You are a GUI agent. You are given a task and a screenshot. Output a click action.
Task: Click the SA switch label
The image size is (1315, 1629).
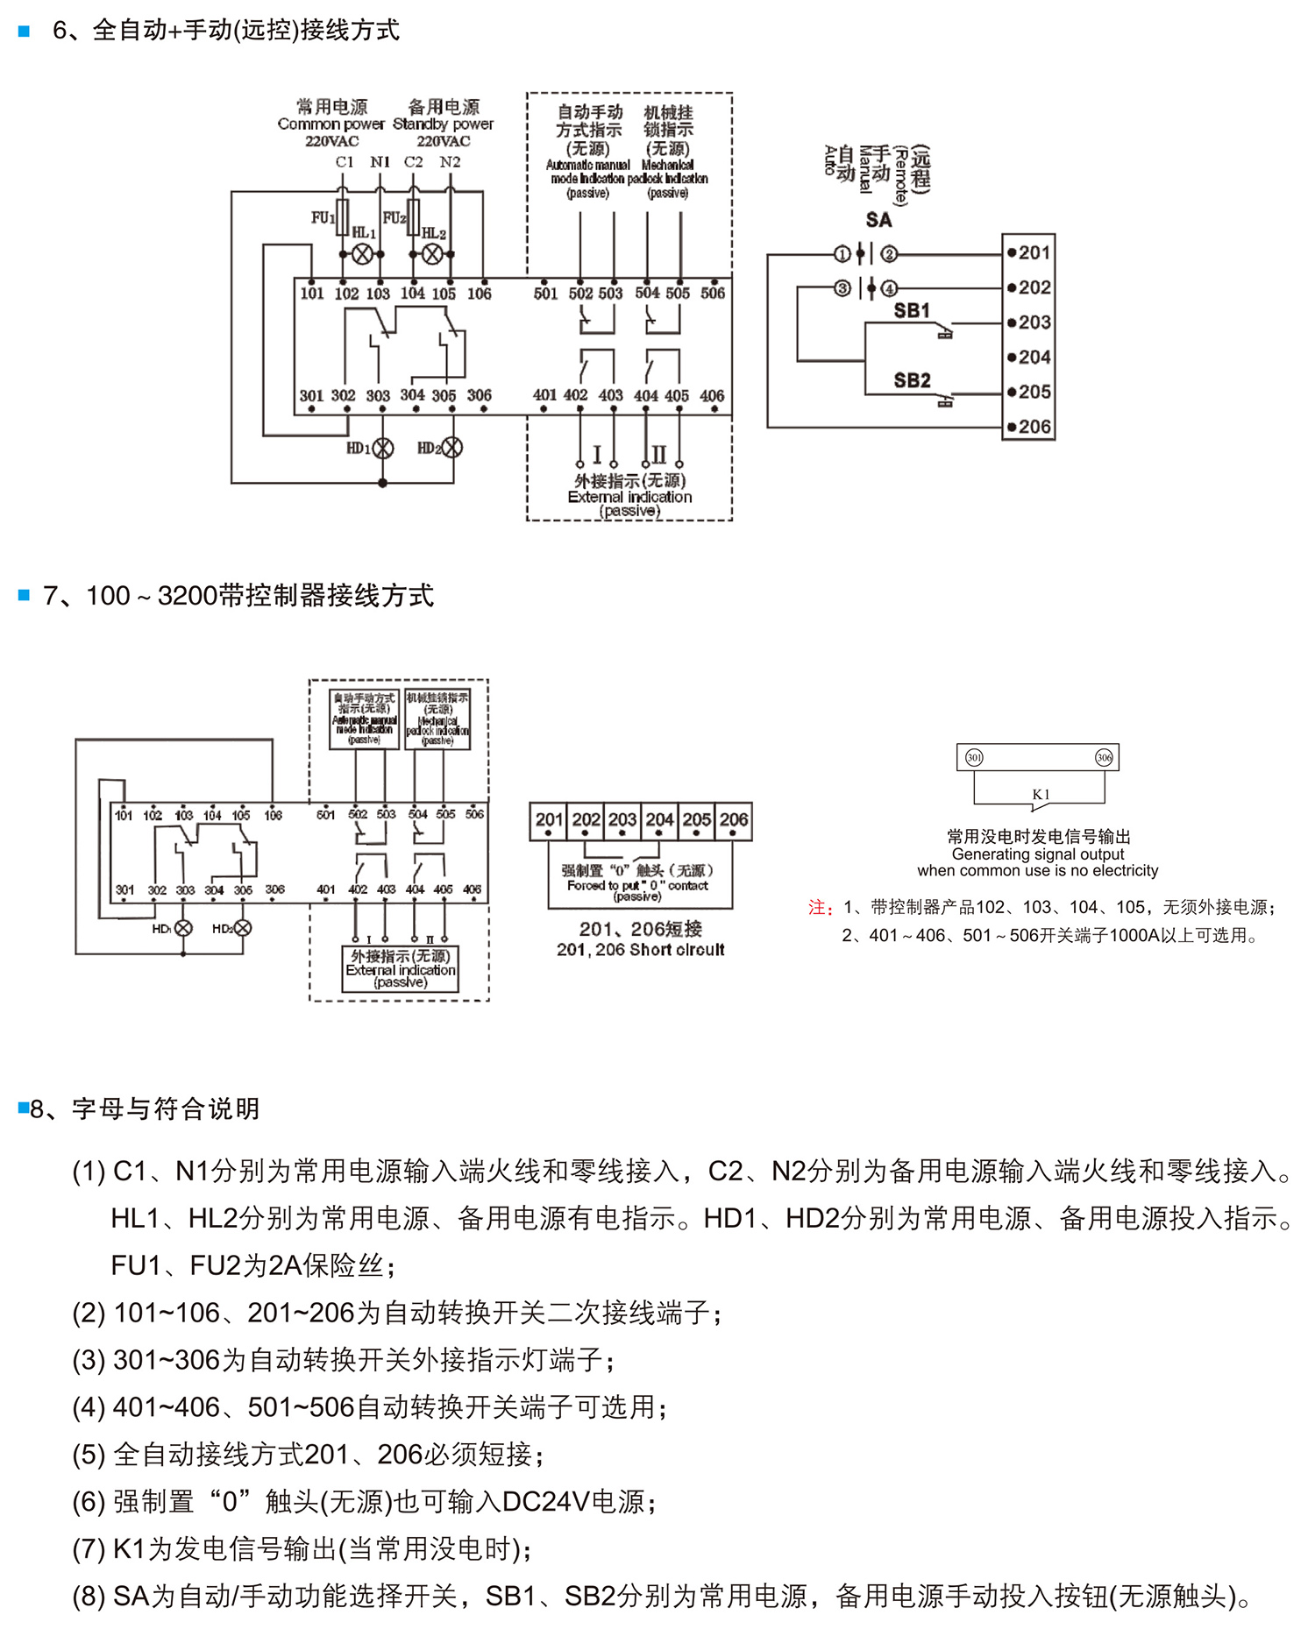pos(878,220)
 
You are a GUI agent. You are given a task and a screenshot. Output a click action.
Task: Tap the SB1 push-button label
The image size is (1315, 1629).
pos(912,311)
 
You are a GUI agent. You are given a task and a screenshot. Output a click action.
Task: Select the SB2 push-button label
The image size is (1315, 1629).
pos(912,380)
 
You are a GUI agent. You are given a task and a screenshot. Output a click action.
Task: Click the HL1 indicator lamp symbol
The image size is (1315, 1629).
pos(362,254)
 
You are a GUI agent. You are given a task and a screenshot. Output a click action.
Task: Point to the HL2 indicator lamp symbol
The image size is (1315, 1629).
pos(432,254)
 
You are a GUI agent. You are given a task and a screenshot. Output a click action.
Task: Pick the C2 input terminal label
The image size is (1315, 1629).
pos(414,162)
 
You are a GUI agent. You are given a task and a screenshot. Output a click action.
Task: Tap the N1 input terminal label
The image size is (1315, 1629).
pos(380,162)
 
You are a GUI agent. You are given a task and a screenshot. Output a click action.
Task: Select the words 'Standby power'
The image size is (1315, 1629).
pos(443,124)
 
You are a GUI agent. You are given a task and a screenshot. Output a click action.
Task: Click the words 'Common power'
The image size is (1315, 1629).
pos(331,124)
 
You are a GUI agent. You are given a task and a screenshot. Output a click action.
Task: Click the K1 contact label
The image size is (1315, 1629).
pos(1041,794)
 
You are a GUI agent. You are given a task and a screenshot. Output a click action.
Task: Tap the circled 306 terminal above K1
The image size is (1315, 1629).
pos(1104,757)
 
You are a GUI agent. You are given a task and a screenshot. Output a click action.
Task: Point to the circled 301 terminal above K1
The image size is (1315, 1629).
pos(974,757)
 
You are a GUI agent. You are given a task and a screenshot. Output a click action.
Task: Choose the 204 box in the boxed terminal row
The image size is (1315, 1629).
pos(659,820)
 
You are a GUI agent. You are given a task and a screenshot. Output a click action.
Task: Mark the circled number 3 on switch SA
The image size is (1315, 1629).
pos(842,288)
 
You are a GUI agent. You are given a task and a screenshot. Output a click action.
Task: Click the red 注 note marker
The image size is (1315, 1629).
pos(819,908)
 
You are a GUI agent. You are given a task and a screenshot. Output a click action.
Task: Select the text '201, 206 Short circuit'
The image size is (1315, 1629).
pos(640,950)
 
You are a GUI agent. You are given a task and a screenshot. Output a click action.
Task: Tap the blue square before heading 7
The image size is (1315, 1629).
pos(24,596)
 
